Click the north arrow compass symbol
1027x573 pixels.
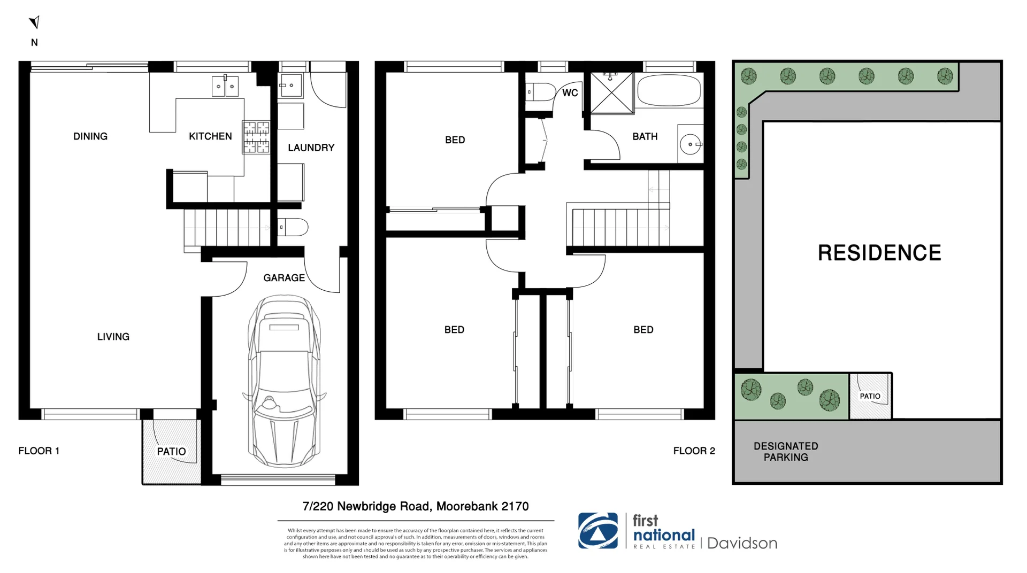pyautogui.click(x=35, y=22)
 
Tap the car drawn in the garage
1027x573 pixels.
pyautogui.click(x=284, y=382)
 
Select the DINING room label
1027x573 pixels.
pyautogui.click(x=90, y=136)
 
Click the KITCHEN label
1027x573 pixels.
pyautogui.click(x=210, y=136)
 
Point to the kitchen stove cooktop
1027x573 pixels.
pyautogui.click(x=256, y=137)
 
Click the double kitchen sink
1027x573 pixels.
pyautogui.click(x=225, y=86)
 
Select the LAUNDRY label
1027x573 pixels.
pyautogui.click(x=311, y=148)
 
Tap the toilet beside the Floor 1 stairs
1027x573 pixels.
pyautogui.click(x=293, y=227)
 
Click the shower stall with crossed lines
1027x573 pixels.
pyautogui.click(x=611, y=93)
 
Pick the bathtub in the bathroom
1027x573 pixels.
pyautogui.click(x=669, y=90)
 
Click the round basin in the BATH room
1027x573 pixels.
pyautogui.click(x=691, y=144)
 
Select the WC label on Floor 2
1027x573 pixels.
pyautogui.click(x=570, y=93)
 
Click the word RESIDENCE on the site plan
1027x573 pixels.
pyautogui.click(x=879, y=253)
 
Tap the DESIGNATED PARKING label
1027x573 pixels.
pyautogui.click(x=785, y=452)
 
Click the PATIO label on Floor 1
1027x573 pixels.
pyautogui.click(x=171, y=452)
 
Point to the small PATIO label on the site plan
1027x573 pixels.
pyautogui.click(x=870, y=396)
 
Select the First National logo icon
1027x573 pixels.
pyautogui.click(x=598, y=531)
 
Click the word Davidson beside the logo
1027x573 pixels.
pyautogui.click(x=742, y=543)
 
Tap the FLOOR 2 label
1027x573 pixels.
pyautogui.click(x=694, y=451)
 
